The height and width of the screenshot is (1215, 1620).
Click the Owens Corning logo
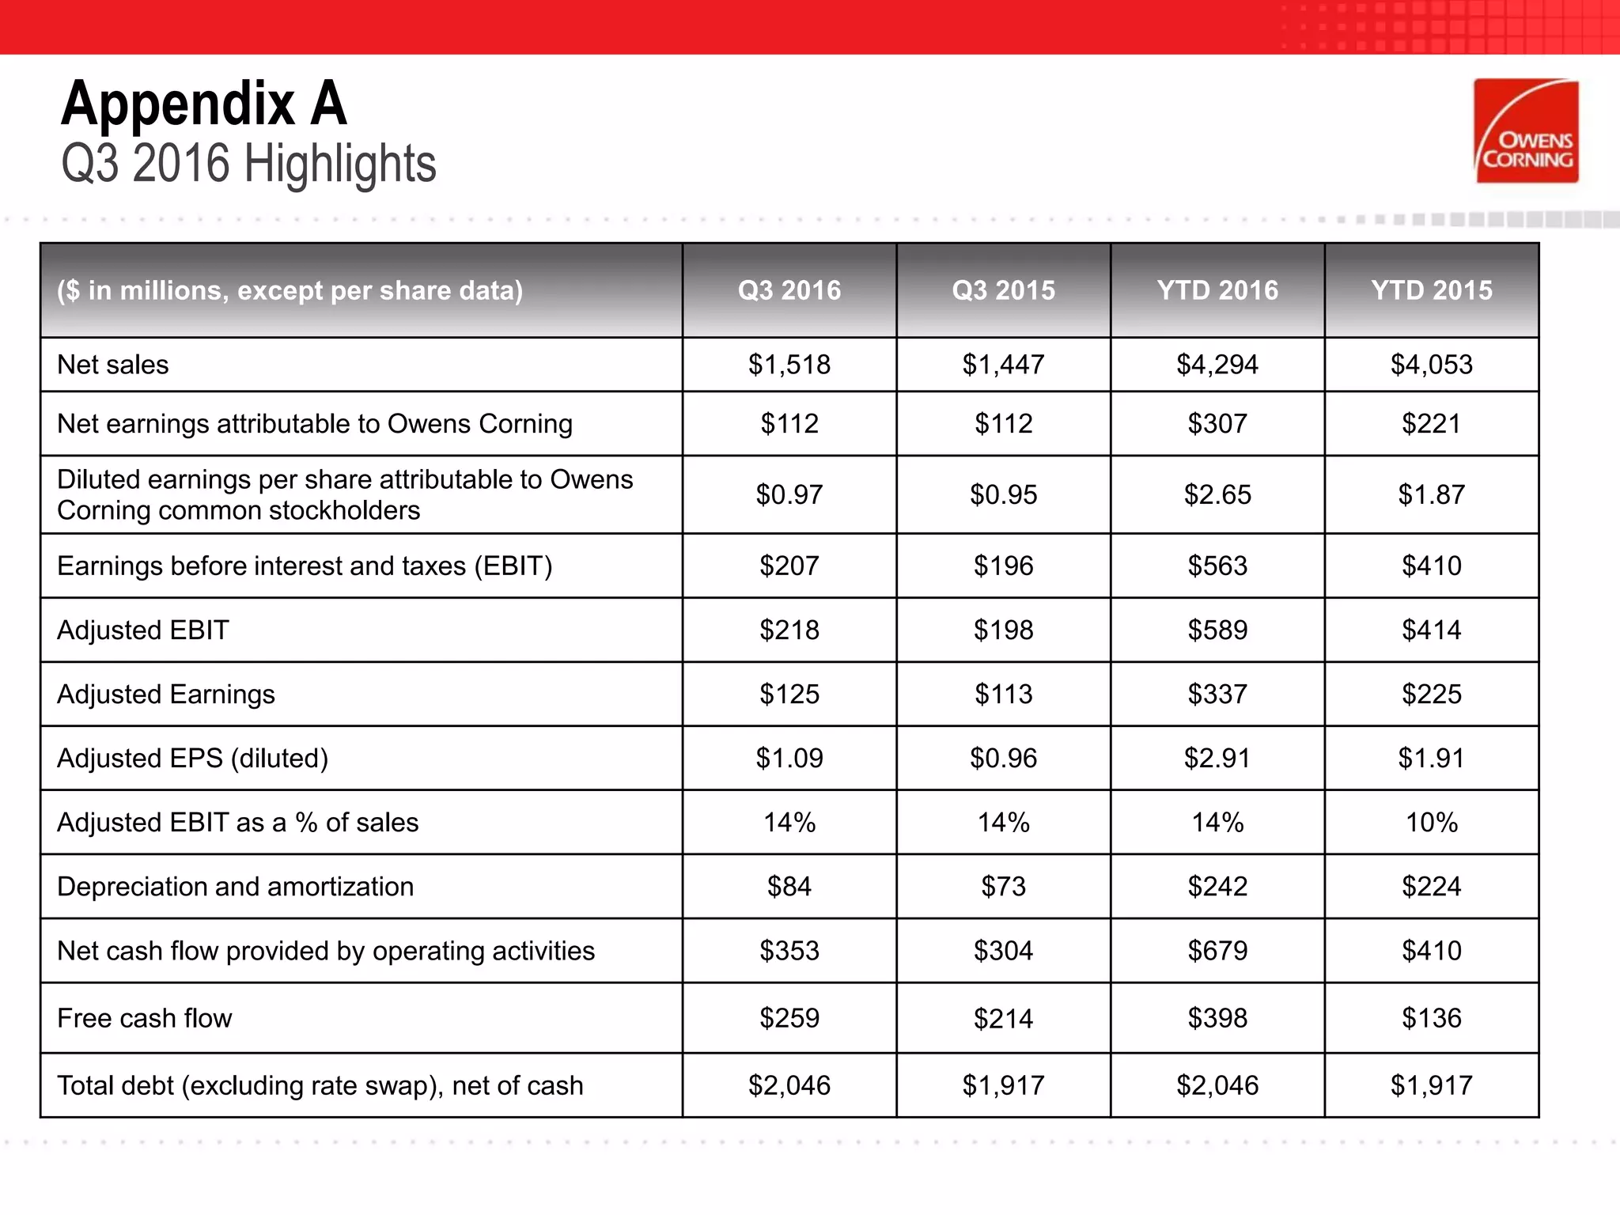(x=1526, y=131)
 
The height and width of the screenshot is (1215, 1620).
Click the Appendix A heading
(x=204, y=104)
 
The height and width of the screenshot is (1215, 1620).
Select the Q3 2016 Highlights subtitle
(x=248, y=164)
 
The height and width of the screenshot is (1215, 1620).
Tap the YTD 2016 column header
(x=1217, y=290)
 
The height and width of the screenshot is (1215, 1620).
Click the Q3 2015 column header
(x=1003, y=290)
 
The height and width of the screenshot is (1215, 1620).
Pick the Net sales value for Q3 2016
(x=789, y=365)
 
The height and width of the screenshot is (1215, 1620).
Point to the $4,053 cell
(x=1431, y=365)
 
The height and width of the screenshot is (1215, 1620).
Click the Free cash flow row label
(x=145, y=1018)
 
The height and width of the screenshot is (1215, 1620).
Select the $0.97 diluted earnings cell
(x=789, y=495)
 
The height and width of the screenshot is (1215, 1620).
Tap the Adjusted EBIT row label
(x=143, y=630)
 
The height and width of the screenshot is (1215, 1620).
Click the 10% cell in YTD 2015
(x=1431, y=823)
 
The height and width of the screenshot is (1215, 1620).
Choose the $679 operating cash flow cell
(x=1217, y=951)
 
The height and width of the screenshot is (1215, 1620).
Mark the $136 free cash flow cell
(x=1431, y=1018)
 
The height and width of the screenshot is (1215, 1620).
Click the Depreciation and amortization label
(x=236, y=887)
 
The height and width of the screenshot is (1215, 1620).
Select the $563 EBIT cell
(x=1217, y=566)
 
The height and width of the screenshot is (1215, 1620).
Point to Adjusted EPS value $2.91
(x=1217, y=759)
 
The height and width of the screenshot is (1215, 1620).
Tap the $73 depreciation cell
(x=1003, y=887)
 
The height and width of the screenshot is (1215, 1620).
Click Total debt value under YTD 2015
(x=1431, y=1085)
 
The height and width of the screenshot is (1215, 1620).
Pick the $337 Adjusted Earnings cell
(x=1217, y=695)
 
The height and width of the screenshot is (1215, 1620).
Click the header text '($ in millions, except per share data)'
(x=290, y=290)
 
